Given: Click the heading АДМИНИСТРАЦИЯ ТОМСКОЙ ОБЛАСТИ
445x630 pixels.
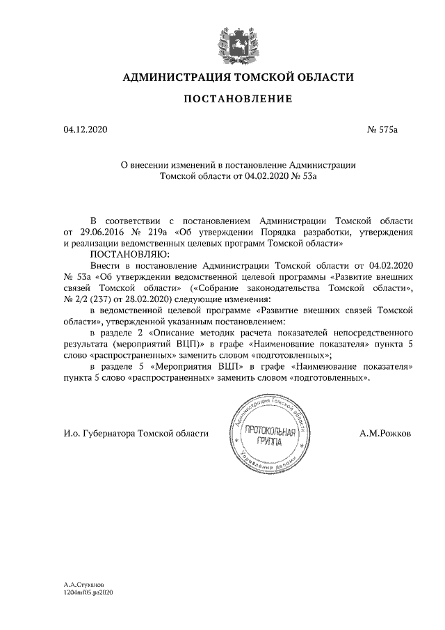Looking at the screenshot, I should click(238, 77).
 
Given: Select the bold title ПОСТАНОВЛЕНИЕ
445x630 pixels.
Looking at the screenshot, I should click(238, 100).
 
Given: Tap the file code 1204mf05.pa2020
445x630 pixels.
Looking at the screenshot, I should click(88, 592).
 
